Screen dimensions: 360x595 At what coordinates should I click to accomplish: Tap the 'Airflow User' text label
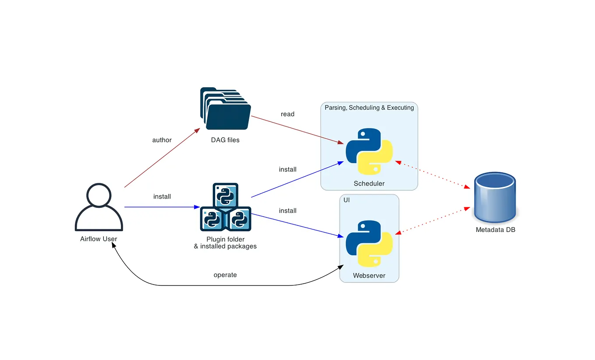99,239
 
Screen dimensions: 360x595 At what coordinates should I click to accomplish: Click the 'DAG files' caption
225,140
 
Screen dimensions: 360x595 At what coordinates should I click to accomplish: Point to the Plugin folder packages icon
225,207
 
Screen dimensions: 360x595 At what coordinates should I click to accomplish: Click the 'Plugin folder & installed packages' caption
225,243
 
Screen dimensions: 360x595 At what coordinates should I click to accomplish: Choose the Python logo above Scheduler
369,151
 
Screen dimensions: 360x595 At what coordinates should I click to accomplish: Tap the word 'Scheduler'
369,183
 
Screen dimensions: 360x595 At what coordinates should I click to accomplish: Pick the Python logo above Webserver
369,244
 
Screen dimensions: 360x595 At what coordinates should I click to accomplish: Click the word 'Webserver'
369,276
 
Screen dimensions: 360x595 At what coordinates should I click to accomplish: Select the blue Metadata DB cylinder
495,197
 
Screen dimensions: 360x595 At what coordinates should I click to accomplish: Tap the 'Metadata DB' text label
495,230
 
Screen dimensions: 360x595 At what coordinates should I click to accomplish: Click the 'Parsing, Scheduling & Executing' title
369,108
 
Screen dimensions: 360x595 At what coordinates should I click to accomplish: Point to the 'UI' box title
346,200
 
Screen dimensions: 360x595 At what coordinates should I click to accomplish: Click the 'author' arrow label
162,140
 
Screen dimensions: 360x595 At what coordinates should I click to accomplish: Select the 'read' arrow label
287,114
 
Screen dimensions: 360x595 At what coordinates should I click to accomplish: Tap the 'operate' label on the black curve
225,275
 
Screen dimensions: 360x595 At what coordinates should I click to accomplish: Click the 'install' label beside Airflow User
162,196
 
